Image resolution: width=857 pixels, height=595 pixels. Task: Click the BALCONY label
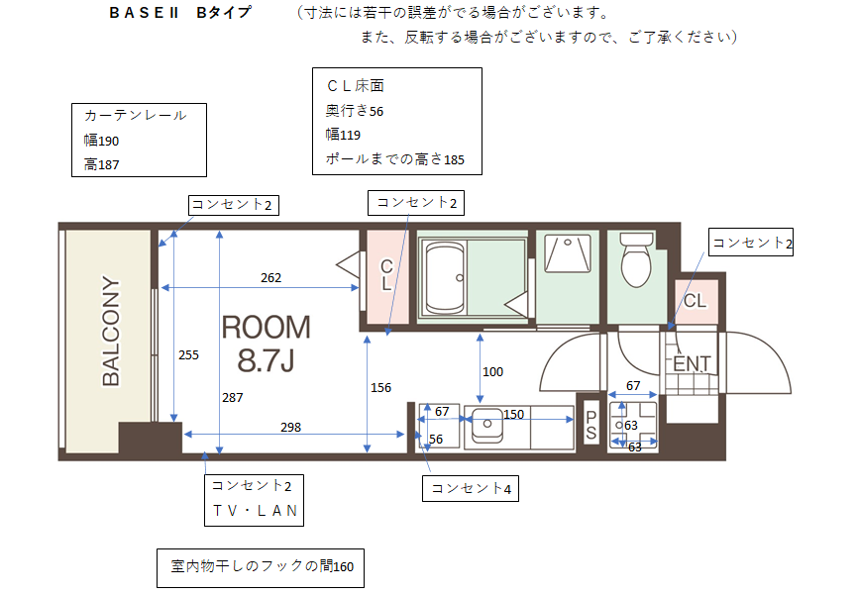(110, 331)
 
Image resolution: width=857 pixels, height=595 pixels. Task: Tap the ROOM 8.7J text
(267, 344)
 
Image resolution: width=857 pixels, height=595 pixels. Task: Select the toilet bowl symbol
(636, 260)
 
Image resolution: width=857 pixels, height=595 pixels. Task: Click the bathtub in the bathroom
(444, 278)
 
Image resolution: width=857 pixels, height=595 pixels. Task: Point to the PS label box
(590, 425)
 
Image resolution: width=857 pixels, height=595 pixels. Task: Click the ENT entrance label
(692, 364)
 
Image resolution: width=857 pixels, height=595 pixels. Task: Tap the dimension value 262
(271, 277)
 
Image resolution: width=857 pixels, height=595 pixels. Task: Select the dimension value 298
(290, 428)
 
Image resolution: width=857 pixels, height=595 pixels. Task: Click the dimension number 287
(232, 398)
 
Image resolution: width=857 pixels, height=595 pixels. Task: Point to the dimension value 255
(188, 355)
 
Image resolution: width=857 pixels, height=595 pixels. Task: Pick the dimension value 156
(380, 388)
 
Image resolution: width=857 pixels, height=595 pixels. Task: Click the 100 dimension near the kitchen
(492, 372)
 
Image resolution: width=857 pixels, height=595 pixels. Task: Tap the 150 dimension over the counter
(514, 415)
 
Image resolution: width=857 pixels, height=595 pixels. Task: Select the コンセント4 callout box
(471, 488)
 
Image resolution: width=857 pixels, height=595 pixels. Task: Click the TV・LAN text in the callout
(255, 511)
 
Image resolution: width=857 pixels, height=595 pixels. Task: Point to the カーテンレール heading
(136, 115)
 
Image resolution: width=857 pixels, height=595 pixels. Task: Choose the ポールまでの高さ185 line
(394, 159)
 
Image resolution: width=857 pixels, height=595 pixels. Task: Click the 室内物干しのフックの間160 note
(262, 566)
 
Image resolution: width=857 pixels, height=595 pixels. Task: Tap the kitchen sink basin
(486, 424)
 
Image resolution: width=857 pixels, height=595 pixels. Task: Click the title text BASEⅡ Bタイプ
(180, 13)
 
